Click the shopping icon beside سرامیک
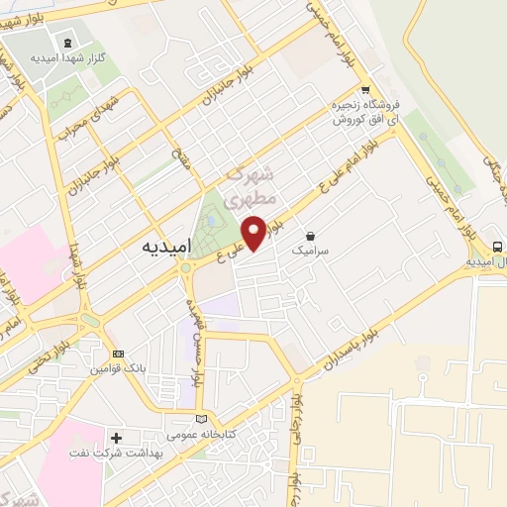tap(312, 237)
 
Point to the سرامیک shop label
tap(316, 253)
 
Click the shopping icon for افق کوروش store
tap(365, 86)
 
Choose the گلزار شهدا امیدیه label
tap(68, 58)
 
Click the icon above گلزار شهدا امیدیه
tap(67, 43)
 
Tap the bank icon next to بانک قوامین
tap(119, 354)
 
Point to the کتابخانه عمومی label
tap(202, 434)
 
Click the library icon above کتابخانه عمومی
tap(202, 418)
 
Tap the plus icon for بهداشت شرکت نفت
tap(117, 437)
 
